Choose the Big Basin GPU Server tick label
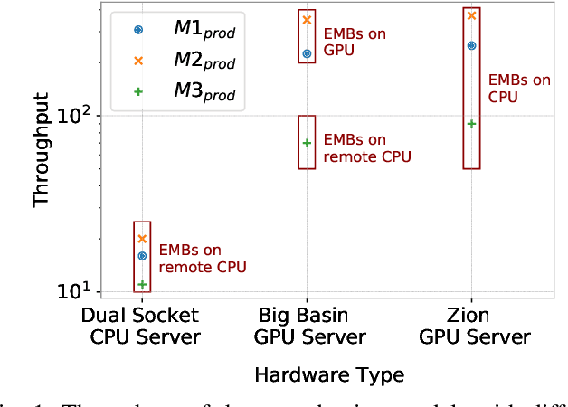pos(308,327)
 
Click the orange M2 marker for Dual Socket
pos(142,239)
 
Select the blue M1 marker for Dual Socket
pos(142,256)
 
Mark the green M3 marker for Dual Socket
pos(142,284)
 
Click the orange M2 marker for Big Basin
pos(307,20)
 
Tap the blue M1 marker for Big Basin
pos(307,54)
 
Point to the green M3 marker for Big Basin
pos(307,142)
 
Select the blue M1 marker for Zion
pos(471,45)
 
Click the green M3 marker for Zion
pos(471,123)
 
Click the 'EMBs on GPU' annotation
pos(354,42)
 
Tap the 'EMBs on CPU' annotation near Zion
pos(518,88)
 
